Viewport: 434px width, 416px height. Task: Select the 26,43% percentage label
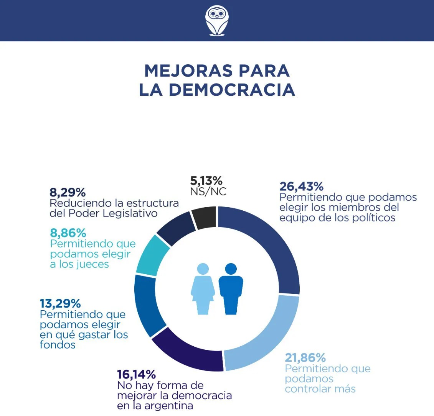point(301,187)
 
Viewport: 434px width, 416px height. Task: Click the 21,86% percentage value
point(305,358)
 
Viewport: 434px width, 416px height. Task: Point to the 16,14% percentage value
point(136,374)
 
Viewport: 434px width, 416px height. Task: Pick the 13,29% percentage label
point(60,303)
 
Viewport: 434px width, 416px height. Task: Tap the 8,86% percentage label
point(68,233)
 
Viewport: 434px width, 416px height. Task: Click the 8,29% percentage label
point(68,192)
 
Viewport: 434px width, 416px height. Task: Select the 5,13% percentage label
point(206,180)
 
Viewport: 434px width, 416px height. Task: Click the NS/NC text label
point(208,192)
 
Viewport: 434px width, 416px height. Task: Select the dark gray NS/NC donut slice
point(204,218)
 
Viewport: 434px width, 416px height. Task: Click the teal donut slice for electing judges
point(153,255)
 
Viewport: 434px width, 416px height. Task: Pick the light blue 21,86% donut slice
point(265,337)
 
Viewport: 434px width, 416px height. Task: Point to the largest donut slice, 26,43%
point(269,245)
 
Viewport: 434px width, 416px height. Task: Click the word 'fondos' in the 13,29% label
point(58,345)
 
